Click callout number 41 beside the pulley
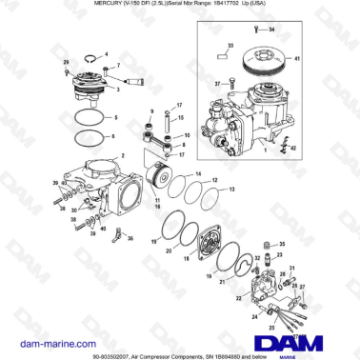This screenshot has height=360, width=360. coord(325,59)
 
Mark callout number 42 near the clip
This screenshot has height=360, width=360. coord(292,150)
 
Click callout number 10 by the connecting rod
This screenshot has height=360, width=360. coord(186,136)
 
